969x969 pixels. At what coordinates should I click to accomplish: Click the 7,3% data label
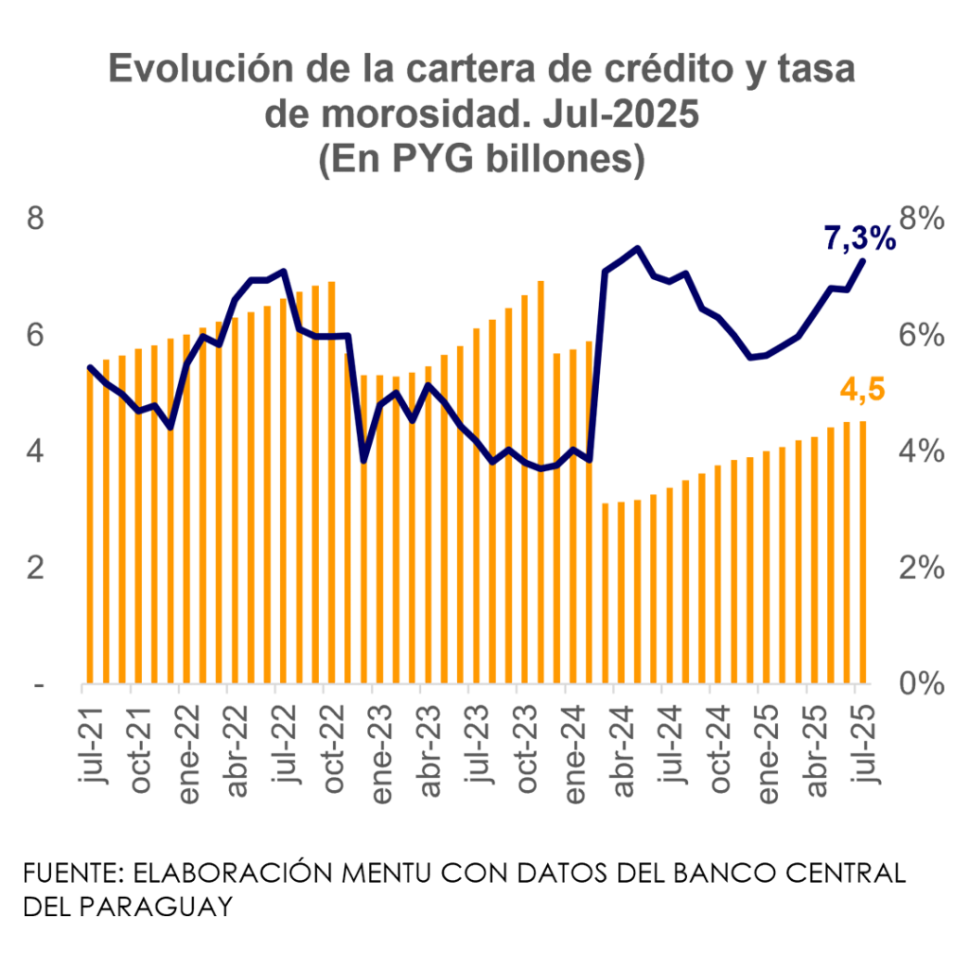[859, 238]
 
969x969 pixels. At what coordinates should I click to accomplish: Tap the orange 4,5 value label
[862, 389]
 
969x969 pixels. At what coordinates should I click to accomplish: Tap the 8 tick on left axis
[35, 219]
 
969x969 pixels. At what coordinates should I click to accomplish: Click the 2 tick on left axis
[35, 568]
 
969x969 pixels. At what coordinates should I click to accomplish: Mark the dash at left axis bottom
[38, 684]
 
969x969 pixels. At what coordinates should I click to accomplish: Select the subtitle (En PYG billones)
[483, 159]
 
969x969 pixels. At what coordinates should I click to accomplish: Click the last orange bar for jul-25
[863, 551]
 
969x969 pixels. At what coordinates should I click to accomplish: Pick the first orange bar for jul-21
[91, 525]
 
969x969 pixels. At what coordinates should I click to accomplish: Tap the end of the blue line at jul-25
[863, 259]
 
